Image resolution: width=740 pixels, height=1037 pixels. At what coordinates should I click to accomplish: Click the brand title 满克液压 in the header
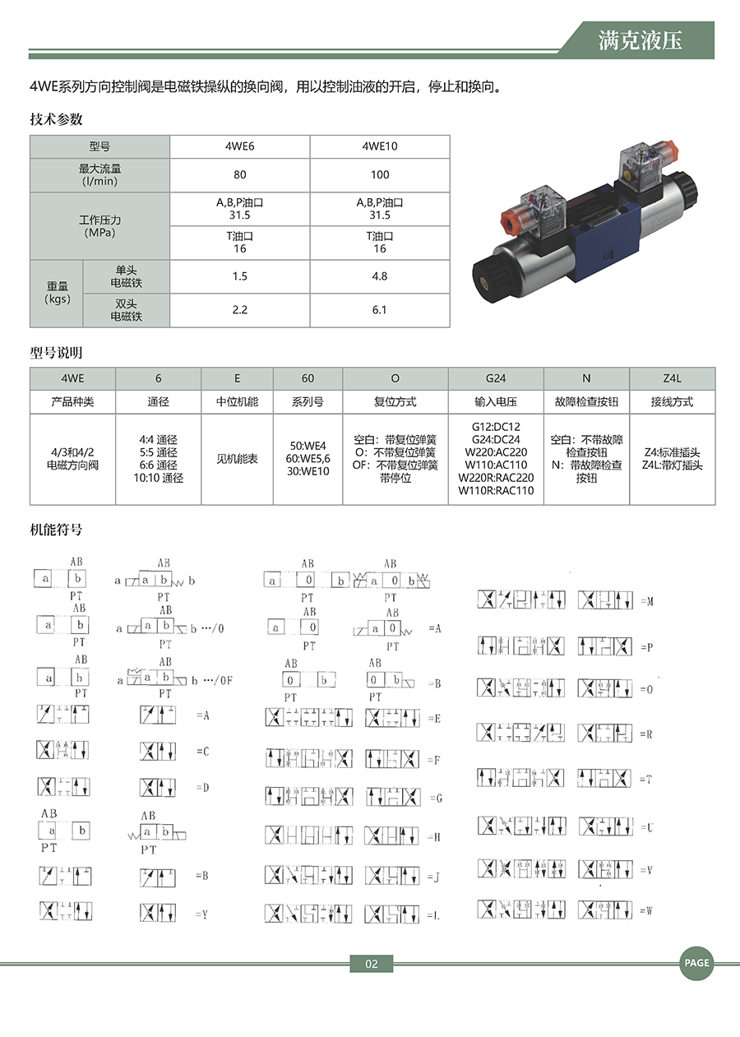[641, 40]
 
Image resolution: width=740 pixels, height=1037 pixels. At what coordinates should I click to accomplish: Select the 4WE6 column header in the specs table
[239, 146]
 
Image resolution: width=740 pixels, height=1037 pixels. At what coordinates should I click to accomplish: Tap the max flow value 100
[379, 175]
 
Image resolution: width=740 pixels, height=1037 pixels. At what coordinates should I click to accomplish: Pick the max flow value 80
[239, 175]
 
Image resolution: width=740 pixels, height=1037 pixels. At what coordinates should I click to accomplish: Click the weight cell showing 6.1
[379, 310]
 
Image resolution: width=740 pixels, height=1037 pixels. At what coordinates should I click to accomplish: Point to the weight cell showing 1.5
[239, 276]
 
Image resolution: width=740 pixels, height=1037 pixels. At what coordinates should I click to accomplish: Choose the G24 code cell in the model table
[496, 378]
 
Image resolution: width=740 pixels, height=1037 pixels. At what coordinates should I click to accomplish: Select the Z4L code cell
[672, 378]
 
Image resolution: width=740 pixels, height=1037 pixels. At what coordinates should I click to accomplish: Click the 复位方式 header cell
[395, 402]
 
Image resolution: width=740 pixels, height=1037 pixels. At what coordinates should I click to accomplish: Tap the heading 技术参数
[57, 119]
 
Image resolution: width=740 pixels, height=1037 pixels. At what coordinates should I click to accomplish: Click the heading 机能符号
[57, 530]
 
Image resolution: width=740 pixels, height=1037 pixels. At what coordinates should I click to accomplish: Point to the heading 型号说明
[57, 354]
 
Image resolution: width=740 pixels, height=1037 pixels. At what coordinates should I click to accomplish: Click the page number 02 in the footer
[371, 964]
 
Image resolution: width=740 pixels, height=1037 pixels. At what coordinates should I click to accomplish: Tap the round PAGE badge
[696, 963]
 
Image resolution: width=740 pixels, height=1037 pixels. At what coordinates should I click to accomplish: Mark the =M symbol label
[646, 602]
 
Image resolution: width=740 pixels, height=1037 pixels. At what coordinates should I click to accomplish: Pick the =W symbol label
[646, 910]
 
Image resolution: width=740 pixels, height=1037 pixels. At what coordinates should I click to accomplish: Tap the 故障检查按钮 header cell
[586, 402]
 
